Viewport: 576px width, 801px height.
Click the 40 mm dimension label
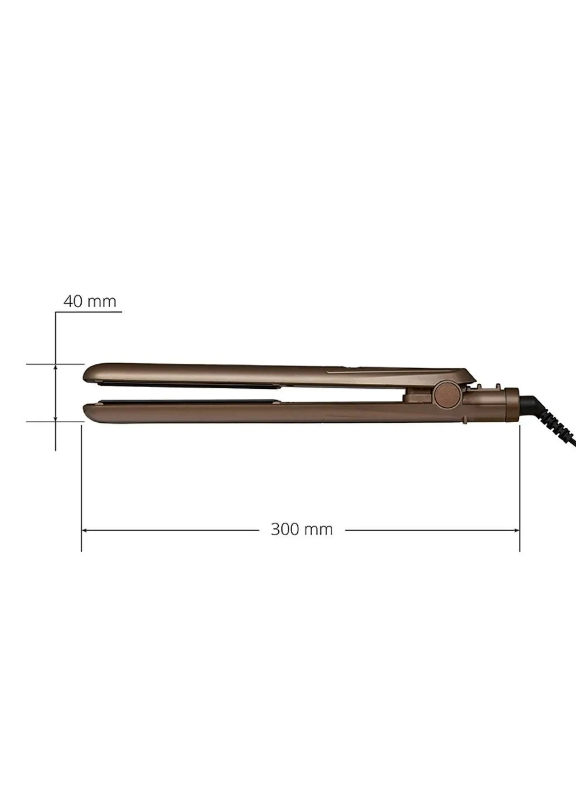tap(90, 301)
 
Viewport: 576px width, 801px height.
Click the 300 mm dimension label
tap(302, 529)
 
